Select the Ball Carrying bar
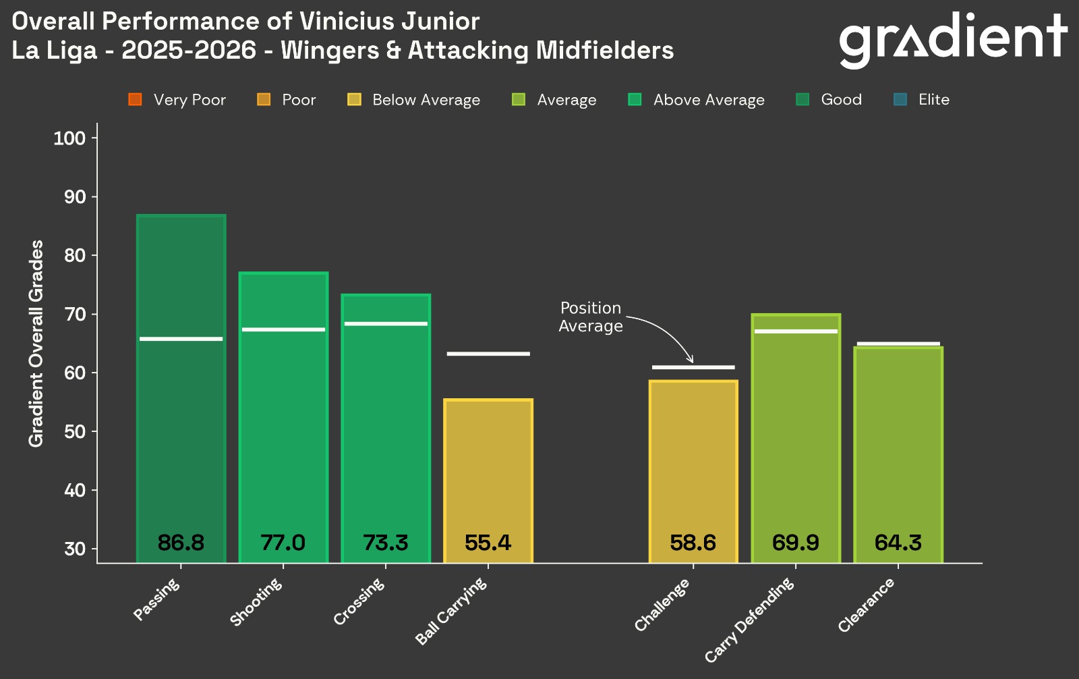[x=488, y=472]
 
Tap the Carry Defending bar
[x=796, y=439]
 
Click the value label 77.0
[x=283, y=543]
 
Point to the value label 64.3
[x=898, y=543]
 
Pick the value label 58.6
[x=693, y=543]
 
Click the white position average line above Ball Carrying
[x=488, y=354]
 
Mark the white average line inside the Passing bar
[x=181, y=339]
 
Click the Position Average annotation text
[x=591, y=317]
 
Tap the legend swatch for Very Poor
[x=134, y=100]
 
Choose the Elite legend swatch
[x=900, y=100]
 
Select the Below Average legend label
[x=426, y=100]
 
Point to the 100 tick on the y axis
[x=69, y=138]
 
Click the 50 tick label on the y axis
[x=75, y=431]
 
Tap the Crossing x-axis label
[x=359, y=601]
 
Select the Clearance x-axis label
[x=867, y=605]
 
